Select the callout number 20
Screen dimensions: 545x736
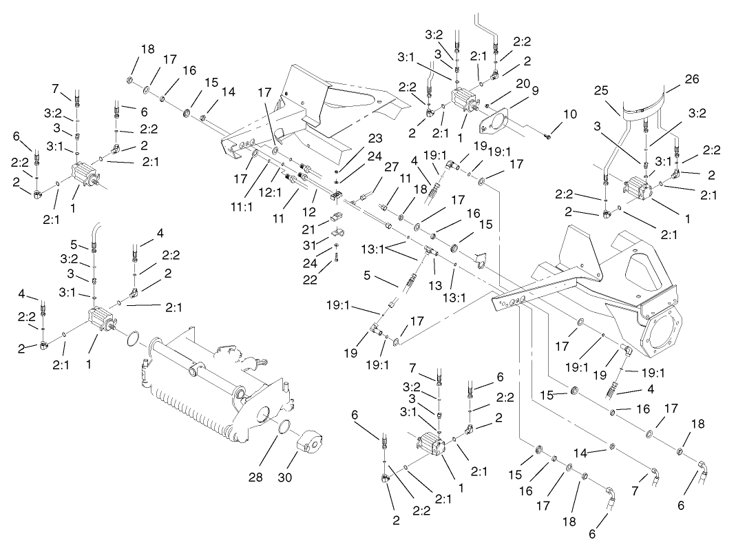pyautogui.click(x=523, y=83)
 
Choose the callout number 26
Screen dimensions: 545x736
pyautogui.click(x=691, y=80)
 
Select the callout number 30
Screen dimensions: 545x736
pyautogui.click(x=304, y=475)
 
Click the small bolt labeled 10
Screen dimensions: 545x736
pyautogui.click(x=547, y=136)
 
